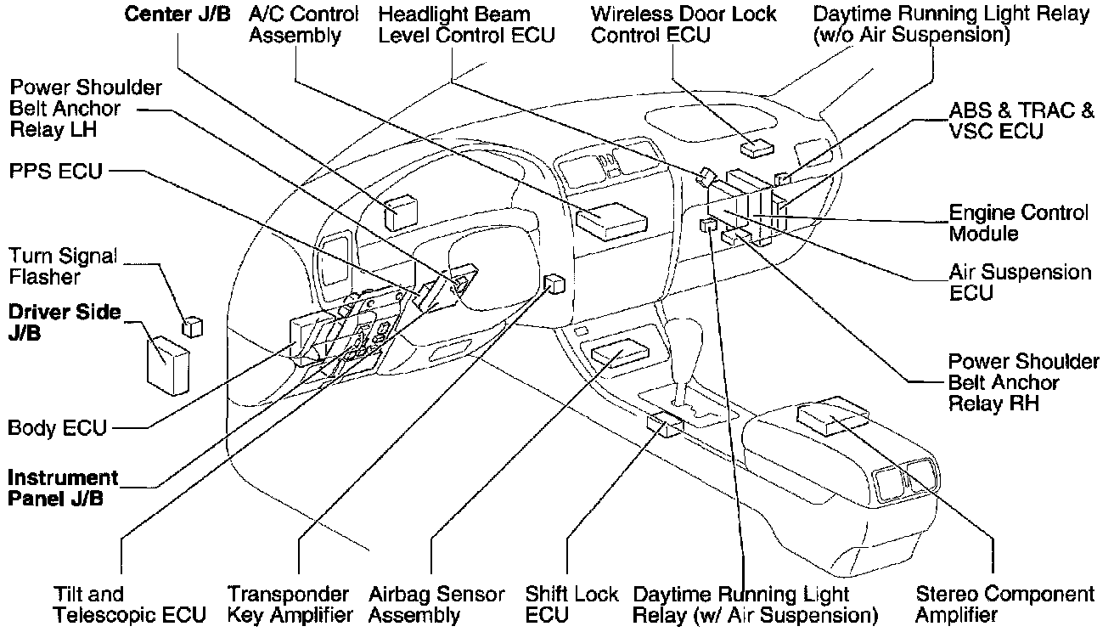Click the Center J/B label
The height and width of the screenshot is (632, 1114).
[x=177, y=14]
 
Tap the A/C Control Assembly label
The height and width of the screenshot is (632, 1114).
[x=304, y=25]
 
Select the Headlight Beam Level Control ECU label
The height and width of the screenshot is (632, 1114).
[x=466, y=25]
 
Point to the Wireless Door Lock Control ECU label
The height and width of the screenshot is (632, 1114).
[x=684, y=25]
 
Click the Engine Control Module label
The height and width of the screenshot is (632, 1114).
[x=1018, y=223]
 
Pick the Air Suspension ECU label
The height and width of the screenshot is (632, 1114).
[x=1019, y=282]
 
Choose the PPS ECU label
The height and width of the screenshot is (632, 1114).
[x=55, y=172]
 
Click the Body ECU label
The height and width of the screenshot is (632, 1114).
[x=57, y=426]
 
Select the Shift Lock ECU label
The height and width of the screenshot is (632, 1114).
[x=571, y=604]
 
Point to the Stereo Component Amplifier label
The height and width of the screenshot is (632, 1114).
[x=1005, y=604]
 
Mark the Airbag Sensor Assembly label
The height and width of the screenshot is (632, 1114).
[x=436, y=604]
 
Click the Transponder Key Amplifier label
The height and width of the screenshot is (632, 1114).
[x=290, y=604]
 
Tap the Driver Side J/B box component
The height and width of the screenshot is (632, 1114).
[x=167, y=364]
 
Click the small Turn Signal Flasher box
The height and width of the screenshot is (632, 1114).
[x=193, y=326]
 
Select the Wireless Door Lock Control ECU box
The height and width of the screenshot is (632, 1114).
[x=756, y=149]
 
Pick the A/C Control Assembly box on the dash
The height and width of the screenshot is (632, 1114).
[x=610, y=218]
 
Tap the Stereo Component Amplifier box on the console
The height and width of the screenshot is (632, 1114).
[x=832, y=415]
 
